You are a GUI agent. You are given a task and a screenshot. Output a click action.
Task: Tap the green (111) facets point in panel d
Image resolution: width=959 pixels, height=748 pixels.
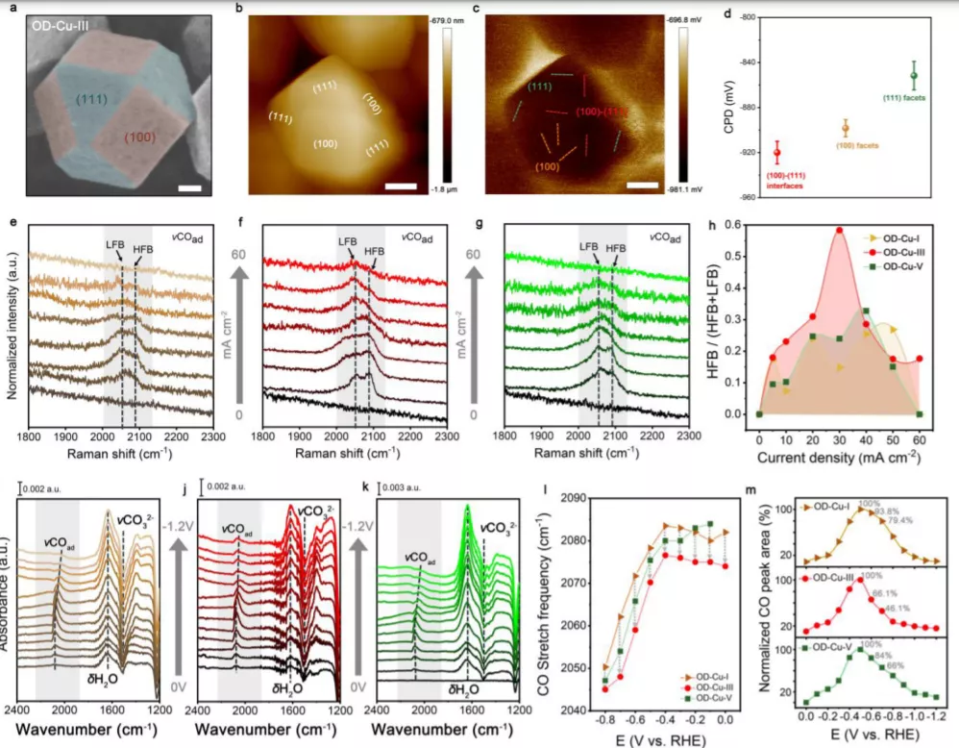click(x=914, y=75)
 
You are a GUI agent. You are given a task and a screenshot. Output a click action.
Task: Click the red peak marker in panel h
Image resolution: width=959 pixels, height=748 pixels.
click(x=839, y=230)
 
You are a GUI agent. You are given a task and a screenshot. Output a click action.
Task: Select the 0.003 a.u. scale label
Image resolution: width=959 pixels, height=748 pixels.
click(x=423, y=473)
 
